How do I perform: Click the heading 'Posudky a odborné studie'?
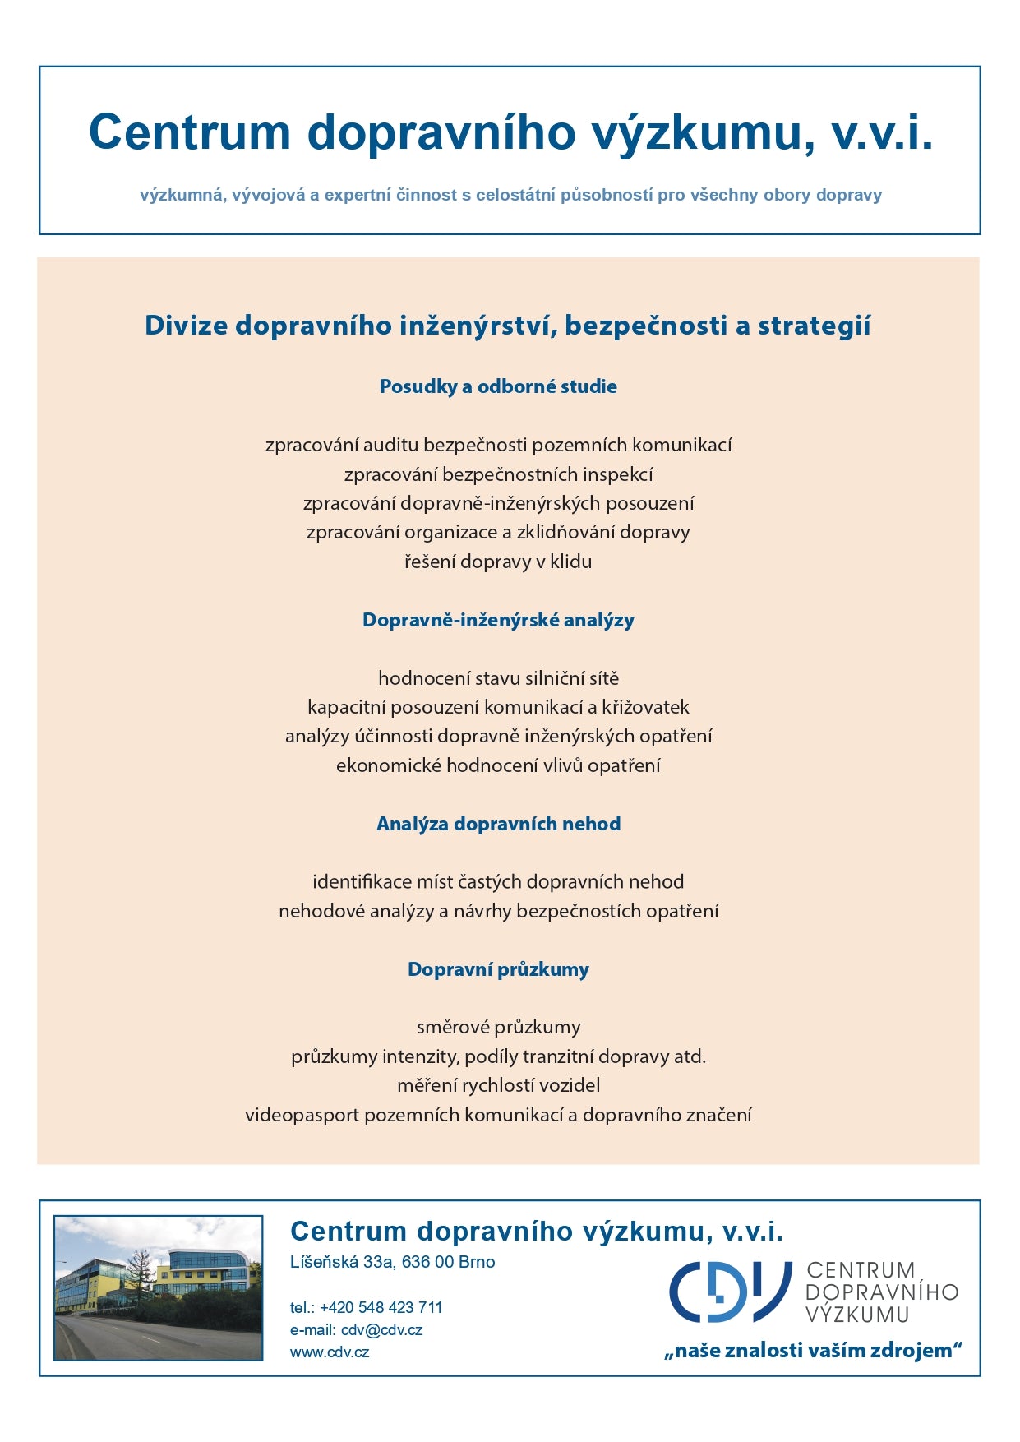pos(498,386)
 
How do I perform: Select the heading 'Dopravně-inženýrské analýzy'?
pos(498,620)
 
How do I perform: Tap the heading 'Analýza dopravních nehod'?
pos(498,824)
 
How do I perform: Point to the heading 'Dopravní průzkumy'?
pos(498,969)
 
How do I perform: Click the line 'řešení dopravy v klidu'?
pos(498,562)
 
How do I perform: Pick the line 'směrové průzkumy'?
pos(498,1027)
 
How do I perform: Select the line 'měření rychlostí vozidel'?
pos(498,1085)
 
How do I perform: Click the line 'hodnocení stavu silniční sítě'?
pos(498,678)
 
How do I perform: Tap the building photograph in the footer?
pos(158,1288)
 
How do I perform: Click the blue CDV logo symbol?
pos(729,1292)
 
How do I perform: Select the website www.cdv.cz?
pos(330,1352)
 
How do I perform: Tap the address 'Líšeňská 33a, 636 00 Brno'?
pos(392,1262)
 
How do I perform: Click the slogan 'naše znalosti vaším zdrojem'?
pos(813,1350)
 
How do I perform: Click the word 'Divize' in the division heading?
pos(186,326)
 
